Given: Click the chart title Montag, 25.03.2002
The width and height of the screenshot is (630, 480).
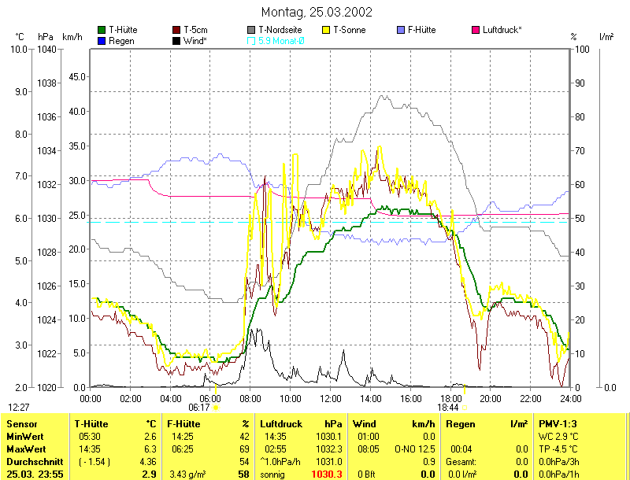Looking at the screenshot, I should [x=316, y=12].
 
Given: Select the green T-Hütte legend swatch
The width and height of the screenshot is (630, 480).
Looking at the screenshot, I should [x=102, y=30].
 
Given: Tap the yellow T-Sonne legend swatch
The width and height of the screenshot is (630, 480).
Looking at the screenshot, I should [x=327, y=30].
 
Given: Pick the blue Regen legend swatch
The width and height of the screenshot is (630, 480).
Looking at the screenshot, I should [x=102, y=40].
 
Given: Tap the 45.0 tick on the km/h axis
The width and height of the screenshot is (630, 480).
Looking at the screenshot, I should [x=77, y=76].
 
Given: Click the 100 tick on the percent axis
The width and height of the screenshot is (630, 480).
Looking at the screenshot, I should [x=582, y=49].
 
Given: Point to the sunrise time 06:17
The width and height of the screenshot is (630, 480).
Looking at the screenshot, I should [x=199, y=408].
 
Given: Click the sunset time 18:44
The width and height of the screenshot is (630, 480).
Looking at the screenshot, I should [x=448, y=408].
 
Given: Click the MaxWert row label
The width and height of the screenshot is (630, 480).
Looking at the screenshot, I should [x=24, y=449].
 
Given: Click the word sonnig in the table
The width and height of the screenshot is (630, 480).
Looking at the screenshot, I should [x=272, y=474].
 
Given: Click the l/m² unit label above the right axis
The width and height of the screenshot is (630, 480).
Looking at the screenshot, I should [x=606, y=36].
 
